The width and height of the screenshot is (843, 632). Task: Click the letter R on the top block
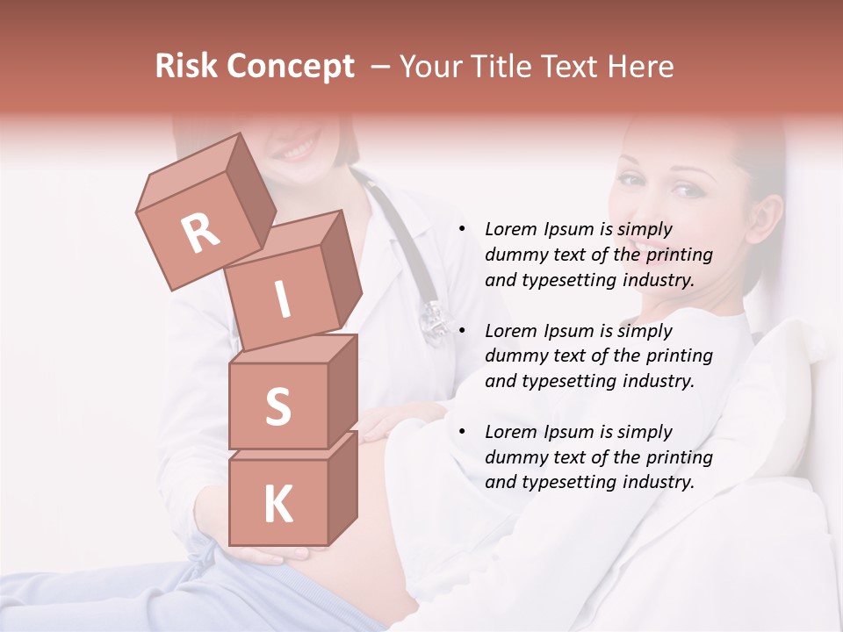[x=200, y=233]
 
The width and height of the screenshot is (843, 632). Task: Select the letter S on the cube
[x=277, y=406]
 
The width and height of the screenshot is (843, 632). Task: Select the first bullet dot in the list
[x=462, y=230]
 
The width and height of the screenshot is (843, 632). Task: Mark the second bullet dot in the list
[x=462, y=331]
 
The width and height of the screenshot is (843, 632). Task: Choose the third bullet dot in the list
[x=462, y=432]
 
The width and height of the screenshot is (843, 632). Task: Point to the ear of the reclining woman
[x=766, y=218]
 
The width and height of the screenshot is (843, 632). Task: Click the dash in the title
[x=381, y=67]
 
